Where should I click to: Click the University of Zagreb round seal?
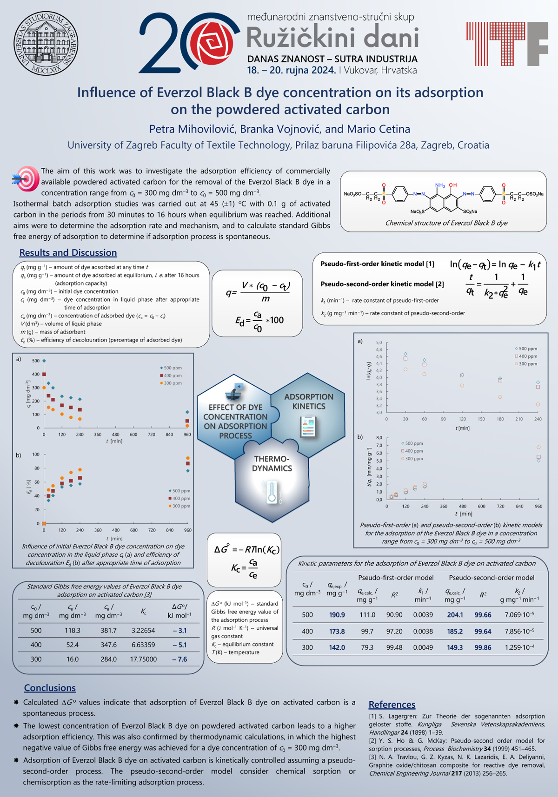(46, 44)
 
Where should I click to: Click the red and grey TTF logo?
(507, 44)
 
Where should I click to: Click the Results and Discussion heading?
(68, 253)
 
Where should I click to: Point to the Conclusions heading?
(50, 688)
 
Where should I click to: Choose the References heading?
(392, 705)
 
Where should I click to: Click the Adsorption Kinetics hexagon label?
(309, 402)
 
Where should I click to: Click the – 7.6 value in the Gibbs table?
(179, 659)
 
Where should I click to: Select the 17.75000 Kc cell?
(143, 659)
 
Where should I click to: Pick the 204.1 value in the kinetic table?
(455, 615)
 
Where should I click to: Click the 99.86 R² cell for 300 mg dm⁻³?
(483, 647)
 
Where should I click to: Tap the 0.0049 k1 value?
(423, 647)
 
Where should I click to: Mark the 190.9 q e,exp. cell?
(337, 615)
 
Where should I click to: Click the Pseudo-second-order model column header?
(492, 578)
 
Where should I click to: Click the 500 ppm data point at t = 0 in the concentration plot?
(44, 361)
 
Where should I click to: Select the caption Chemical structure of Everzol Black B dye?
(446, 223)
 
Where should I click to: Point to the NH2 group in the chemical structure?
(440, 185)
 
